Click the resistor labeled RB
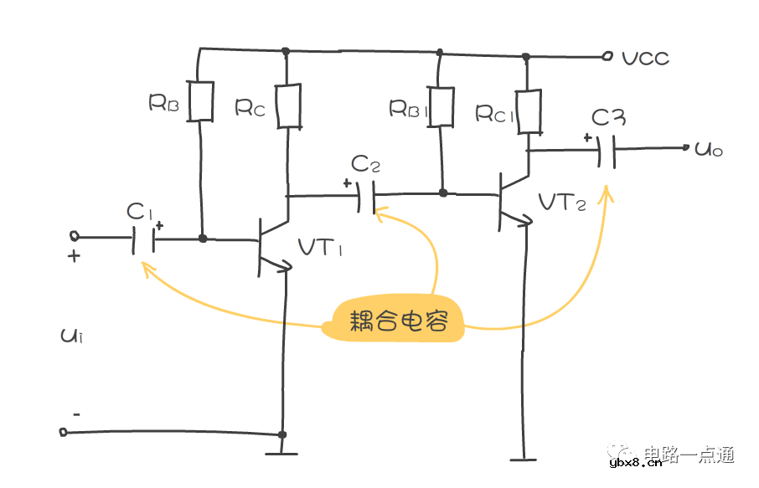coord(201,100)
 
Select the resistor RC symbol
coord(288,106)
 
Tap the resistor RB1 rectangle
coord(440,106)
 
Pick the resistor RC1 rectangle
coord(528,112)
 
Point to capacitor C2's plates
coord(365,198)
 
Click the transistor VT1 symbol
coord(270,245)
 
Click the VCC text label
coord(645,59)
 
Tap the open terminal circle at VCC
coord(608,57)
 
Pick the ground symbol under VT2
coord(523,458)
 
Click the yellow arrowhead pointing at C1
coord(147,267)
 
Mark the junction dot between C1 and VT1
coord(203,239)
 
